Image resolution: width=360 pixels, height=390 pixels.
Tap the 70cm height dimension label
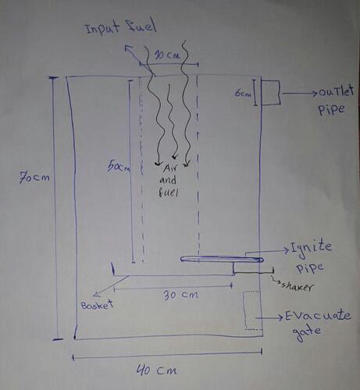[34, 178]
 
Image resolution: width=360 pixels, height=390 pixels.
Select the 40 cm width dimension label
[157, 370]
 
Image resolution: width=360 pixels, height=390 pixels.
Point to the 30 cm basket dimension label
[180, 295]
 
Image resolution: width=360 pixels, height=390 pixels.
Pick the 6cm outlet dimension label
[243, 93]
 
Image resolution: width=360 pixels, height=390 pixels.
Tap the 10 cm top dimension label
[168, 55]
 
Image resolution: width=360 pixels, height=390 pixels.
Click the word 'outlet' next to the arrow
[337, 91]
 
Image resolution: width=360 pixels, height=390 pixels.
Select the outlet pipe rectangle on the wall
[271, 93]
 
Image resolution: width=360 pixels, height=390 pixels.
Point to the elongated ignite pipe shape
[222, 259]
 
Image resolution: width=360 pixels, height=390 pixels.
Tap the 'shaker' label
[298, 286]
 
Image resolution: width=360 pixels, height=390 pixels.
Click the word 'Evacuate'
[318, 316]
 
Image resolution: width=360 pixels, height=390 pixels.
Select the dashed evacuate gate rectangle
[252, 310]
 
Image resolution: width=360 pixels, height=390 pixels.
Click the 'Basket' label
[98, 305]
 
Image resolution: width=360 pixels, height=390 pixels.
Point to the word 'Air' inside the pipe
[169, 169]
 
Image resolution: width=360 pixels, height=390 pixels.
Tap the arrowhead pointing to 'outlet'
[315, 93]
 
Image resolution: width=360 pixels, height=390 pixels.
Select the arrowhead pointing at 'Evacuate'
[280, 317]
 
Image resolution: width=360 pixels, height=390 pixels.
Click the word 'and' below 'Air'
[168, 180]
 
